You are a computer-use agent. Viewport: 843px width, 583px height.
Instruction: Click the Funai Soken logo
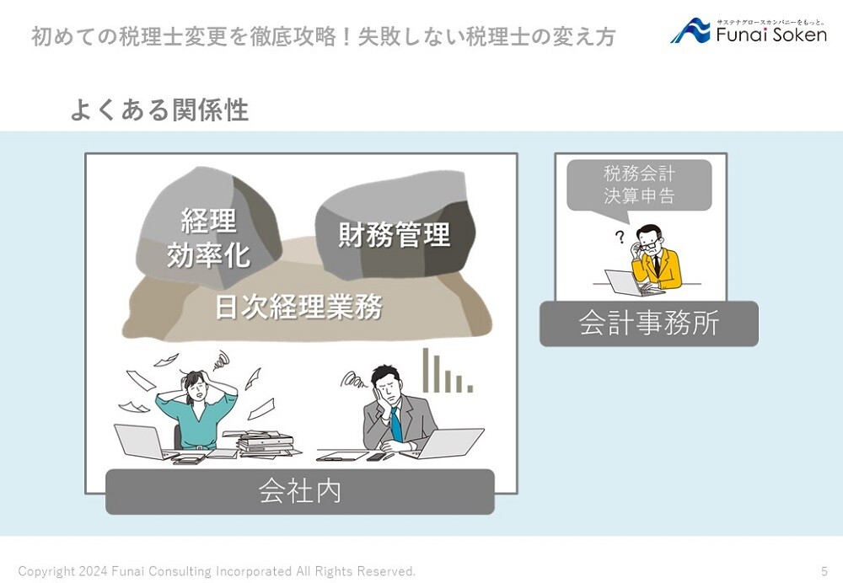[749, 30]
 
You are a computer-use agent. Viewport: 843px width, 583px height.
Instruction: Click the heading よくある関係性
[159, 110]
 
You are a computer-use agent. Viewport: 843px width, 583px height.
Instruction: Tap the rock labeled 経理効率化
[209, 227]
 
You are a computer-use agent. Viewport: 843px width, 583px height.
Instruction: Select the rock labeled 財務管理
[395, 226]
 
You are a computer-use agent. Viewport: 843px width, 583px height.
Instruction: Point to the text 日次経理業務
[299, 307]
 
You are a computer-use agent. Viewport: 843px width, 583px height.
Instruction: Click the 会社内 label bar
[300, 492]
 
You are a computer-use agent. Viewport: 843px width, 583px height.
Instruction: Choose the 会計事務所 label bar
[649, 324]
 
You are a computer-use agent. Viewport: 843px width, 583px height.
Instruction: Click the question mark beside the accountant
[620, 237]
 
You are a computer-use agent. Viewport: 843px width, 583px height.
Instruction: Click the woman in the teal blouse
[196, 409]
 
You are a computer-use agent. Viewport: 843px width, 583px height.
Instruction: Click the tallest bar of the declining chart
[426, 370]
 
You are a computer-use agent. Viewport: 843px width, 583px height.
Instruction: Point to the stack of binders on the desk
[266, 444]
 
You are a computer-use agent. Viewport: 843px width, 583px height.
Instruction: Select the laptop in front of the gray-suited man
[449, 443]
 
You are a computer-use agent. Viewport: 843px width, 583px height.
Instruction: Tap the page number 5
[824, 570]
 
